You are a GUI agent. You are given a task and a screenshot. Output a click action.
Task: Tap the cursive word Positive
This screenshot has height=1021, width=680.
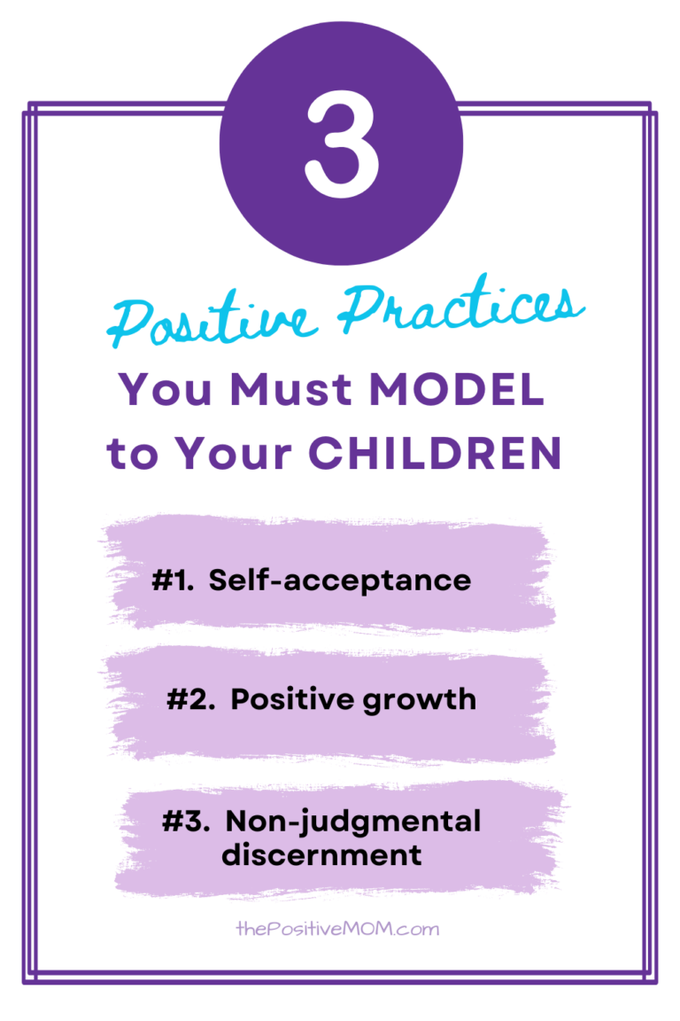(x=212, y=321)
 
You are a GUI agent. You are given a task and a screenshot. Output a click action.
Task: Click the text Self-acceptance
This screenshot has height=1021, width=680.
(x=340, y=581)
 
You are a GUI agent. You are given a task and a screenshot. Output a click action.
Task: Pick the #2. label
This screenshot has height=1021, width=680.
(x=189, y=699)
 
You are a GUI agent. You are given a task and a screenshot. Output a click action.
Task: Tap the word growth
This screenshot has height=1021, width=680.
(x=424, y=701)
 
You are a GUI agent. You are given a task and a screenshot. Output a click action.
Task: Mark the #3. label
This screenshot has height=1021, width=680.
(x=184, y=822)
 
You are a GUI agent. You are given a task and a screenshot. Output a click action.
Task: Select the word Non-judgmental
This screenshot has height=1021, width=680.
(x=353, y=823)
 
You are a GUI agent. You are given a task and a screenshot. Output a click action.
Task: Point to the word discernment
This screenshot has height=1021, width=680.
(x=321, y=855)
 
